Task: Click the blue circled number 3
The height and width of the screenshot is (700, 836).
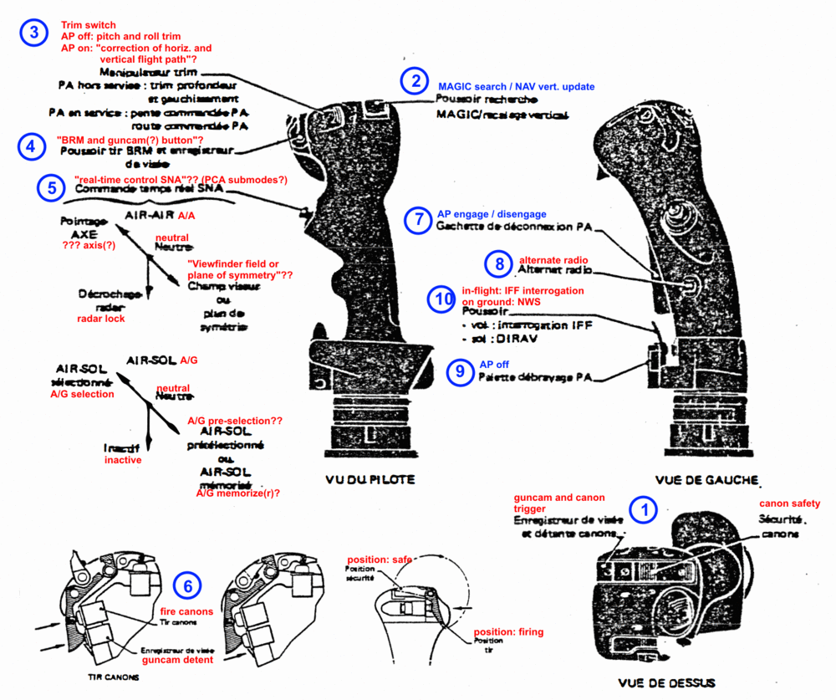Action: click(x=33, y=33)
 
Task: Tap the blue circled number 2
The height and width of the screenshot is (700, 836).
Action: click(x=414, y=81)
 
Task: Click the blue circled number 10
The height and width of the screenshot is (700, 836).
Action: click(x=441, y=299)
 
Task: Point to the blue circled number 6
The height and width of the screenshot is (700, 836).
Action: click(x=186, y=587)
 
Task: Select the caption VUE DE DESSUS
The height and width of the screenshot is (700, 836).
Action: click(x=666, y=682)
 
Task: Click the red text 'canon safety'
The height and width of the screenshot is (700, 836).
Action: click(x=789, y=503)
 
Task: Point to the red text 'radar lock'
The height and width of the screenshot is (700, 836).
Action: click(x=101, y=319)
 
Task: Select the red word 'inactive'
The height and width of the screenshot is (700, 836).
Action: click(x=123, y=460)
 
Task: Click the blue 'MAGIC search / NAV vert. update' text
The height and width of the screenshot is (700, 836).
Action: click(x=516, y=86)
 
